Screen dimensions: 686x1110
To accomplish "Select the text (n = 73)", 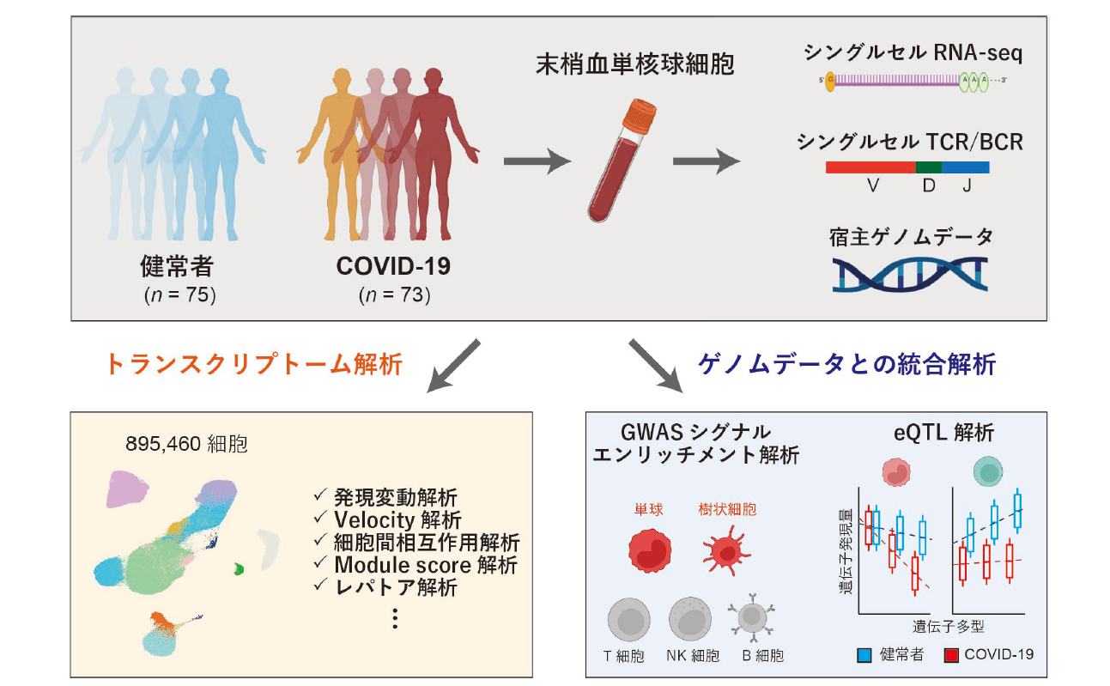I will click(x=394, y=295).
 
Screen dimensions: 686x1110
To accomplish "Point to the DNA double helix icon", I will click(x=910, y=274).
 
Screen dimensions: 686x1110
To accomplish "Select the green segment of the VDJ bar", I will click(x=928, y=167).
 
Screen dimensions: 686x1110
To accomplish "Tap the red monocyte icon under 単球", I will click(x=648, y=551).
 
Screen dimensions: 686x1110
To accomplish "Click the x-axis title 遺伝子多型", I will click(x=946, y=628).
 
